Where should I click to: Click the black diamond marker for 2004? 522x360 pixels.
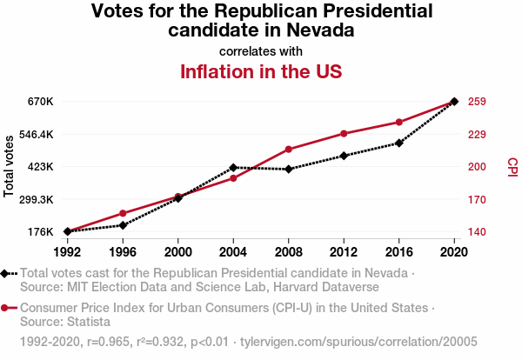[x=233, y=167]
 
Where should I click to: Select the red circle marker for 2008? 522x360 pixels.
[x=289, y=150]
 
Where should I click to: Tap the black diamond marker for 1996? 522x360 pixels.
[x=123, y=225]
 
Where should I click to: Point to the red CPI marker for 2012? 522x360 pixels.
[x=344, y=133]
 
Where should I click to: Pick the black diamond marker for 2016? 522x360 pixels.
[x=399, y=143]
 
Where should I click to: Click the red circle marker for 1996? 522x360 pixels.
[x=123, y=213]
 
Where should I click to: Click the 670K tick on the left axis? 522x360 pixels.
[x=41, y=102]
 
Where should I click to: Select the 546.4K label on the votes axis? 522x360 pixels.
[x=36, y=135]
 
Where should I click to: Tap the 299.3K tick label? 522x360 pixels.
[x=36, y=199]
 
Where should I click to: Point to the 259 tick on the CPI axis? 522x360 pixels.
[x=477, y=102]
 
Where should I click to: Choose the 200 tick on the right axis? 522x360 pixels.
[x=477, y=167]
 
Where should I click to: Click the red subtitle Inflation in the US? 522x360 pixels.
[x=260, y=71]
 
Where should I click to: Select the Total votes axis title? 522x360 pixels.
[x=10, y=165]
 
